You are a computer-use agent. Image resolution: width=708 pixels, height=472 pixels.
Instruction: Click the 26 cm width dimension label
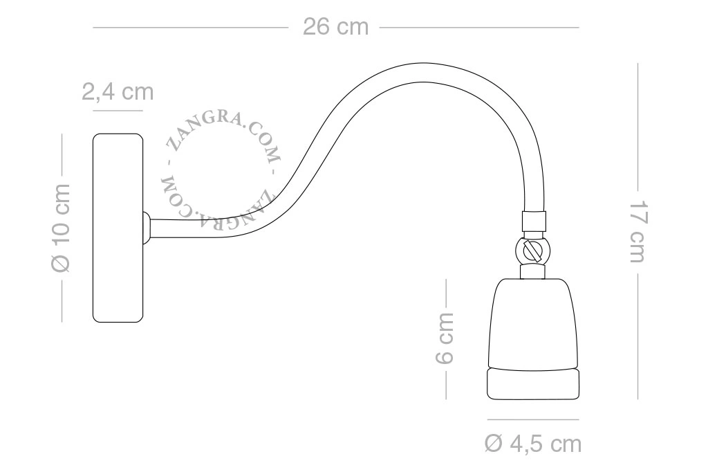click(x=335, y=27)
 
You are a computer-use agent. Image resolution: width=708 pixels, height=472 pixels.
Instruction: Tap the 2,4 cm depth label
click(x=118, y=92)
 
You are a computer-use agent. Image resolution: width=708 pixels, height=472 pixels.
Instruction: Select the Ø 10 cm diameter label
click(x=61, y=228)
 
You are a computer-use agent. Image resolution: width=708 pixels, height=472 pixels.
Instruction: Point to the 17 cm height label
click(x=638, y=231)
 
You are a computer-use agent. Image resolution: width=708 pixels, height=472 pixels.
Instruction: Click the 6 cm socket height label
click(x=445, y=338)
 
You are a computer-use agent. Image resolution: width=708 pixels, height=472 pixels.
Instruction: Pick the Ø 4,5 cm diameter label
click(x=533, y=444)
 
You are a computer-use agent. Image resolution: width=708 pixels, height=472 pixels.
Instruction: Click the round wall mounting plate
click(x=118, y=228)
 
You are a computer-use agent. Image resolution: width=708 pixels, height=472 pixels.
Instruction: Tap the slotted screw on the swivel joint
click(x=533, y=250)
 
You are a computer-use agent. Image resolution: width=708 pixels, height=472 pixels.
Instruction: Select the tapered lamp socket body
click(x=533, y=323)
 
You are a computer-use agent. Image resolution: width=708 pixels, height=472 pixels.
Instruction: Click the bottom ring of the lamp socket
click(x=533, y=384)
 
